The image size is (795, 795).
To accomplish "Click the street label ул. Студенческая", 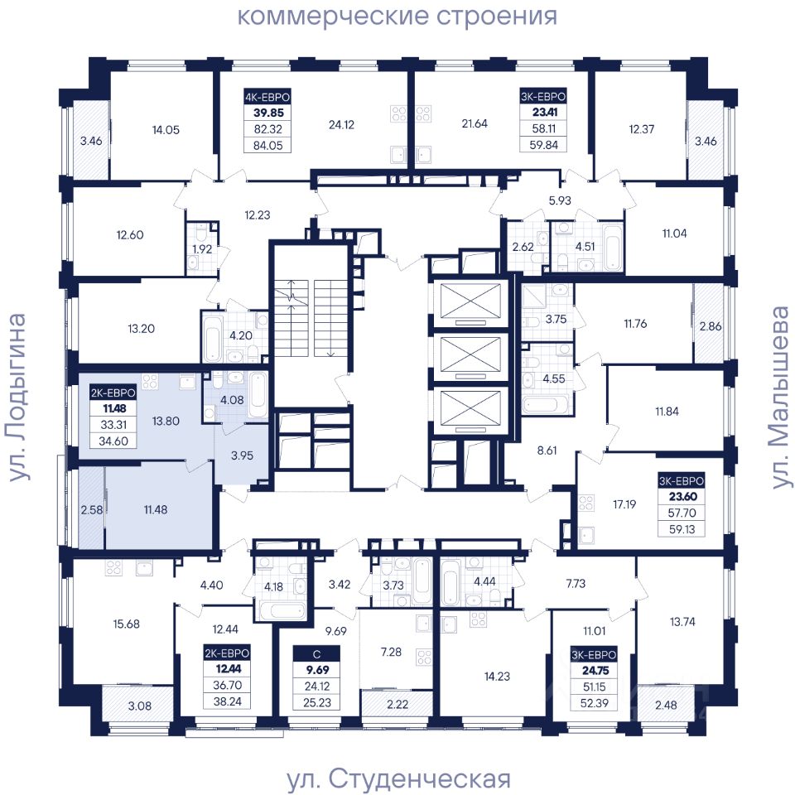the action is [398, 778].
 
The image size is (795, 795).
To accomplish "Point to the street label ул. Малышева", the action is [780, 397].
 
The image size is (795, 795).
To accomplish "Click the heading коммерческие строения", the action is [397, 16].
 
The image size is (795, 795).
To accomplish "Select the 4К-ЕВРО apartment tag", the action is [267, 97].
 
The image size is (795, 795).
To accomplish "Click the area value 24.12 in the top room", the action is [341, 124].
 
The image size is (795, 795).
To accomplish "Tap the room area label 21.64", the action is [475, 123].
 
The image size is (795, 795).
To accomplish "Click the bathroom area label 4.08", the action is [232, 400].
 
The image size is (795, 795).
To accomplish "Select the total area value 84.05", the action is [267, 146].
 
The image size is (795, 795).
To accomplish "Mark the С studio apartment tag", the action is [317, 654].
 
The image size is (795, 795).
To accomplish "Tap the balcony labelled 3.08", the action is [139, 706].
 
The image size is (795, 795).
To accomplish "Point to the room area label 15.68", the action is [126, 624].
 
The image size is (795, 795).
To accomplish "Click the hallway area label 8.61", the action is [547, 450].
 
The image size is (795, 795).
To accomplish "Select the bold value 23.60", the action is [682, 496].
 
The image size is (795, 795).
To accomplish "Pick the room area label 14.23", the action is [497, 676].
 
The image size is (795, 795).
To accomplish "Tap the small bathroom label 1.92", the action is [202, 249].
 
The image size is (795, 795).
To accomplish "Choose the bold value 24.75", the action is [595, 670].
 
